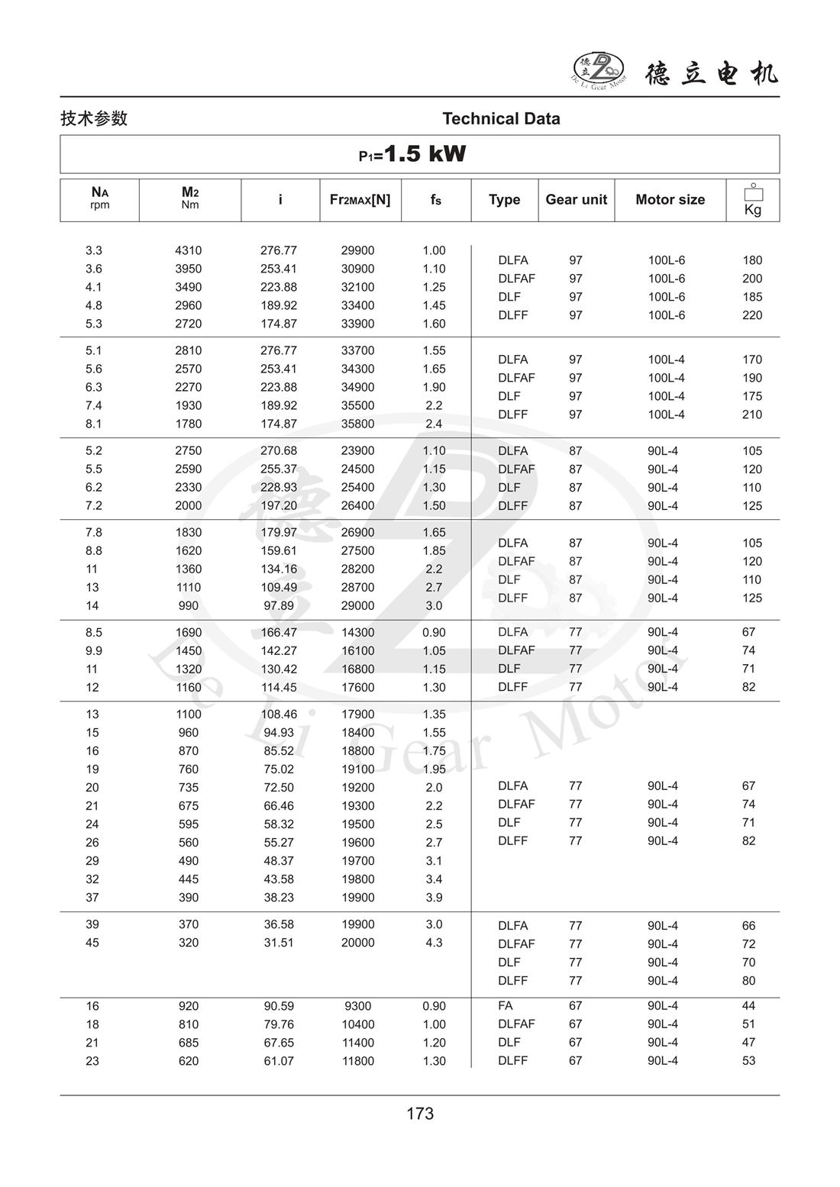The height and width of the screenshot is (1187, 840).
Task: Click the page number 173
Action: click(x=420, y=1114)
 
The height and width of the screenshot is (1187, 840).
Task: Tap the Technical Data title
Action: click(x=501, y=118)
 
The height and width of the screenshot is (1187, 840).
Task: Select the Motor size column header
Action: click(x=670, y=200)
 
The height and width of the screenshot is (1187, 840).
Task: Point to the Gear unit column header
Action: click(x=576, y=200)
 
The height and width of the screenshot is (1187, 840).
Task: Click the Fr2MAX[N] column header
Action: click(x=360, y=200)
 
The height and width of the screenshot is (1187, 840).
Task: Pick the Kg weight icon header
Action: click(x=753, y=200)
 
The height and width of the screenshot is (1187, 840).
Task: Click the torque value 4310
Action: click(x=189, y=250)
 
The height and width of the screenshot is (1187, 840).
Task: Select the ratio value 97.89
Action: click(x=279, y=605)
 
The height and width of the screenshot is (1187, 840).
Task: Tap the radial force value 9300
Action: click(x=358, y=1006)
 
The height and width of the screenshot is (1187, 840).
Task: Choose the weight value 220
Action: click(x=752, y=315)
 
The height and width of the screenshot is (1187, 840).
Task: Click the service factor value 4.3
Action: click(x=434, y=943)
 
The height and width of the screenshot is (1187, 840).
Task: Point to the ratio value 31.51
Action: click(x=279, y=943)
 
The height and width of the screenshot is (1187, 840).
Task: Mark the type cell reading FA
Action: click(x=506, y=1006)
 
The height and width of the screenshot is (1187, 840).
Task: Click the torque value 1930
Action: click(x=189, y=405)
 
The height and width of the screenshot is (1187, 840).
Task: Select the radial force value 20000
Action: click(x=358, y=943)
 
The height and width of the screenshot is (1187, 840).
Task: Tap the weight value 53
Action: click(x=748, y=1061)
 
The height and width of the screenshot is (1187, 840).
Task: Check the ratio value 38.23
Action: click(x=279, y=898)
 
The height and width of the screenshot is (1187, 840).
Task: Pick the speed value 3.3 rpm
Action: click(x=94, y=250)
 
